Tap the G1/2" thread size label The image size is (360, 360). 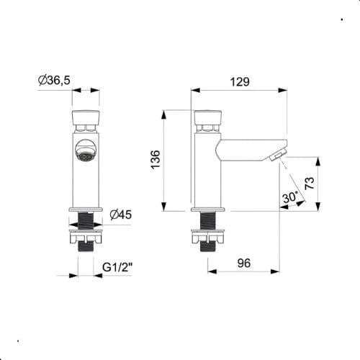click(119, 267)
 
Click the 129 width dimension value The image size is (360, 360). click(240, 81)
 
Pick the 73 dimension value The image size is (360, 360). click(310, 183)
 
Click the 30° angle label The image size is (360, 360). click(290, 197)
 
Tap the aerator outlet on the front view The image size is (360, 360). click(86, 153)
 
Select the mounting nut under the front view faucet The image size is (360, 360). click(86, 233)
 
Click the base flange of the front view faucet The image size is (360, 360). click(86, 210)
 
